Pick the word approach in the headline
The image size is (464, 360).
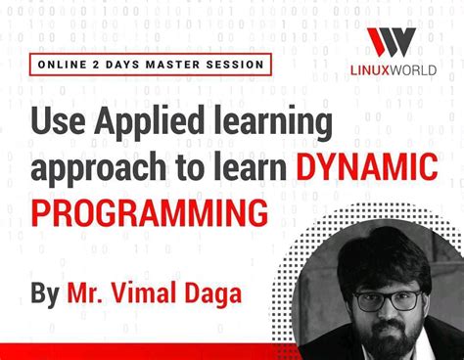93,168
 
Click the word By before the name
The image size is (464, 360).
45,292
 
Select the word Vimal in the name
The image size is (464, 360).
162,292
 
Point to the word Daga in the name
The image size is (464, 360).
231,293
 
